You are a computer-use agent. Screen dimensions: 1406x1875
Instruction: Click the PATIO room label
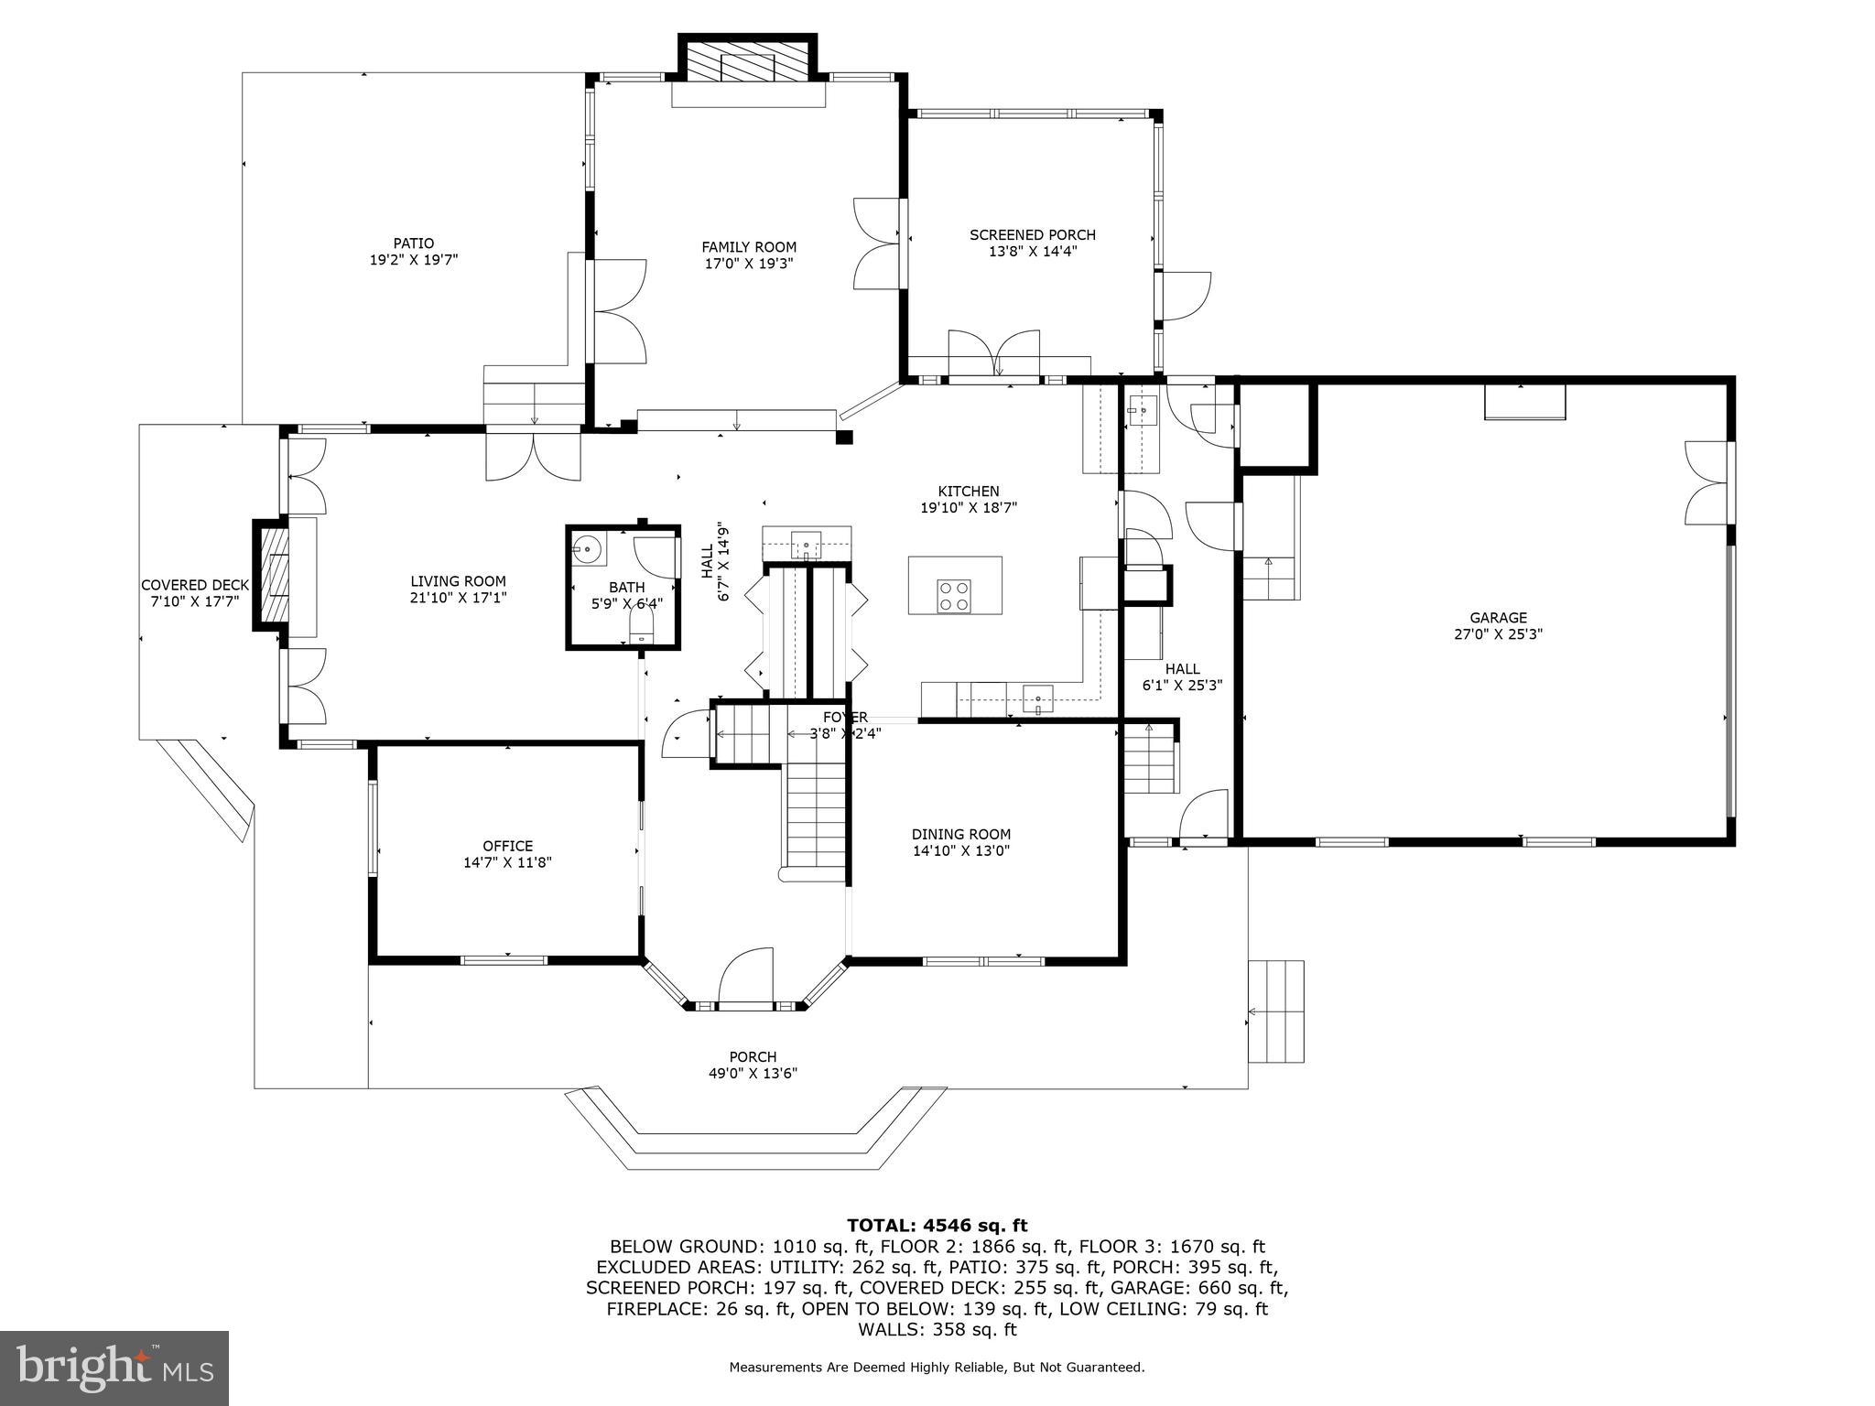point(413,243)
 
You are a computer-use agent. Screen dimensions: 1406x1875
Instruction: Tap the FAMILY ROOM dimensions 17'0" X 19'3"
point(749,264)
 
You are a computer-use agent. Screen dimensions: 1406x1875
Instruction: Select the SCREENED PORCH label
point(1032,235)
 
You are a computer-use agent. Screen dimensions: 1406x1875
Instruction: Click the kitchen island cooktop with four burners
point(953,596)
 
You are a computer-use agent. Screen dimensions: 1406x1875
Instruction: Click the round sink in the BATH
point(587,549)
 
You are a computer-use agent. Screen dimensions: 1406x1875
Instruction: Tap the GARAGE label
point(1498,618)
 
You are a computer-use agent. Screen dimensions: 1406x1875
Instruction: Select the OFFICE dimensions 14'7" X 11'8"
point(507,862)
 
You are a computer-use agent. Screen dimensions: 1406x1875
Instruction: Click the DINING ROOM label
point(960,834)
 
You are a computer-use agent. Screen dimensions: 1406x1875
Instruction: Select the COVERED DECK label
point(194,586)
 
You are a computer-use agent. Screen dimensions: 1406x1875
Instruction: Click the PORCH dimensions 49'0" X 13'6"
point(753,1074)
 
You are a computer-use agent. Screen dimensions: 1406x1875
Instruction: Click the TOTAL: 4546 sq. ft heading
point(936,1225)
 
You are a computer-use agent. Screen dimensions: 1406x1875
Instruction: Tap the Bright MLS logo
point(114,1368)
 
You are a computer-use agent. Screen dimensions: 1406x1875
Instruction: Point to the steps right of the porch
point(1276,1011)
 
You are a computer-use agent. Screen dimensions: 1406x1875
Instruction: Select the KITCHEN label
point(968,492)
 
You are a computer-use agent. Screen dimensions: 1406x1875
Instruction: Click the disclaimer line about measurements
point(936,1368)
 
